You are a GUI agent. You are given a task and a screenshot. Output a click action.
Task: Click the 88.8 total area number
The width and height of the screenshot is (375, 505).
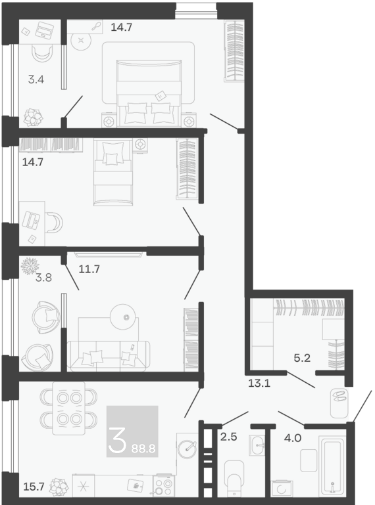coord(143,449)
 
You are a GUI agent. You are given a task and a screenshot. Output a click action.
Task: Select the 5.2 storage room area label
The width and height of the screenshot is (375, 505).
coord(302,358)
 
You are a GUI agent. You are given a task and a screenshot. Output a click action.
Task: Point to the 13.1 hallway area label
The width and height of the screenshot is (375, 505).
coord(259,384)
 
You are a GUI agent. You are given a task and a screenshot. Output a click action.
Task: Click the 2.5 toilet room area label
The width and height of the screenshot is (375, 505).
coord(228,437)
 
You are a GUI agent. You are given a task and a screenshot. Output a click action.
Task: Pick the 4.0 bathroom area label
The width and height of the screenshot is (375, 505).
coord(293,438)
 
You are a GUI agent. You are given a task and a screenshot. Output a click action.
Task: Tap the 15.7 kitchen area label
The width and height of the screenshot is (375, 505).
coord(34,487)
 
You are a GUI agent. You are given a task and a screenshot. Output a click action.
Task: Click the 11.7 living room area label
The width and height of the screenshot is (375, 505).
coord(89,269)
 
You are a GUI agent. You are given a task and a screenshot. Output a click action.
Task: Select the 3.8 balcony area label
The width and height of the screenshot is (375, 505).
coord(43,277)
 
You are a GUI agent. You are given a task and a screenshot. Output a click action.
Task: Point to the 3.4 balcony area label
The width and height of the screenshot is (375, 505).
coord(36,79)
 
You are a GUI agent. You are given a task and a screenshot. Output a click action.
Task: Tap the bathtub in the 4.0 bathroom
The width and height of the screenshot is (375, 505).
coord(332,466)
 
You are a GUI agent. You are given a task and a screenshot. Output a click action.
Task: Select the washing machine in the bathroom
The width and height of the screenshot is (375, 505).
coord(282,489)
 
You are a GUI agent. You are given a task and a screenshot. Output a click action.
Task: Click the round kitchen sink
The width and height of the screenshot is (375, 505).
coord(187,449)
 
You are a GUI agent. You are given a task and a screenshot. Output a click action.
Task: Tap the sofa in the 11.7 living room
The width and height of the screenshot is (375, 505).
coord(109,355)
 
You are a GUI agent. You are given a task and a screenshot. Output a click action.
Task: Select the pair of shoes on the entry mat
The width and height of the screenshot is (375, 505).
coord(339,396)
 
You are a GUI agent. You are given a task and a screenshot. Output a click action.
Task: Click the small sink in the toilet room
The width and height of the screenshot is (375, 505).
coord(257,445)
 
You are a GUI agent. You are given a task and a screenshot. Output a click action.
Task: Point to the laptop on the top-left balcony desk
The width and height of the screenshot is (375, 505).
coord(45,30)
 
